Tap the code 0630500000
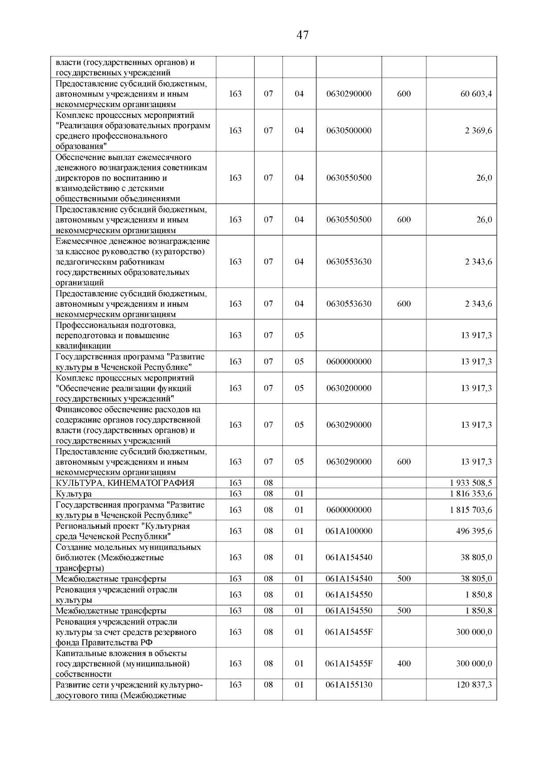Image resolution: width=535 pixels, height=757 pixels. click(x=349, y=131)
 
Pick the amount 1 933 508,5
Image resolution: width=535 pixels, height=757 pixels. click(x=471, y=483)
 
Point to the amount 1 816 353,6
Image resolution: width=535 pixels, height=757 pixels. click(x=471, y=494)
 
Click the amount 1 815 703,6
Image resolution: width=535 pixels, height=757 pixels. click(x=471, y=510)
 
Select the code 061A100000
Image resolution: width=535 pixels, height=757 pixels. click(x=349, y=531)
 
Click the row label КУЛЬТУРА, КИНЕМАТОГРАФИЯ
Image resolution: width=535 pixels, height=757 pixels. click(x=125, y=483)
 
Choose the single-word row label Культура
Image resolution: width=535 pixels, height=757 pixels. click(x=74, y=494)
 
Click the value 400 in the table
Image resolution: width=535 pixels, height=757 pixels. click(x=403, y=664)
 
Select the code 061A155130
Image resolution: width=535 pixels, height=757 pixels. click(x=349, y=685)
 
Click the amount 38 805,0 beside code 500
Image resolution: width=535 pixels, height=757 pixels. click(x=476, y=579)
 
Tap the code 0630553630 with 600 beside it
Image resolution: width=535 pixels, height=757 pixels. click(x=349, y=304)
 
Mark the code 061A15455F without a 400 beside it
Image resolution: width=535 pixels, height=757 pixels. click(x=349, y=632)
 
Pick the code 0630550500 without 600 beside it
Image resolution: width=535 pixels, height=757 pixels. click(x=349, y=178)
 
